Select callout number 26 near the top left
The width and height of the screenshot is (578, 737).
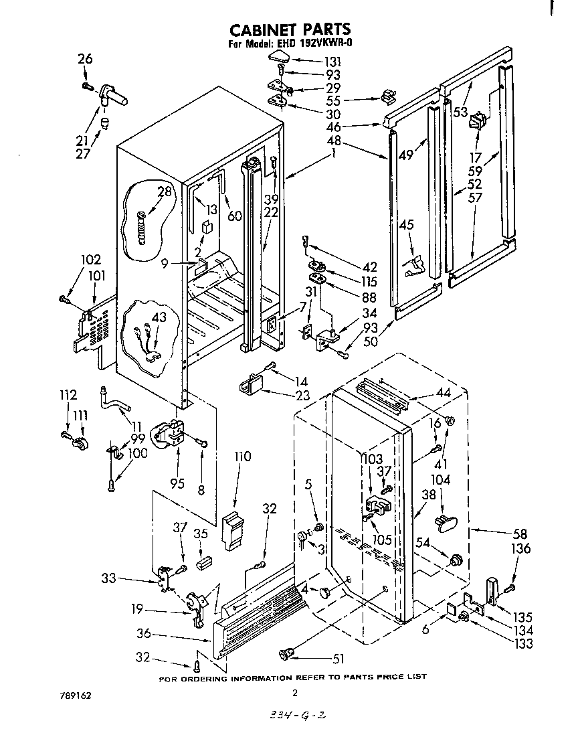click(85, 60)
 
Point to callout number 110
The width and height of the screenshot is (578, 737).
click(242, 457)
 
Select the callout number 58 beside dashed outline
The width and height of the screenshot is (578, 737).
click(519, 534)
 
